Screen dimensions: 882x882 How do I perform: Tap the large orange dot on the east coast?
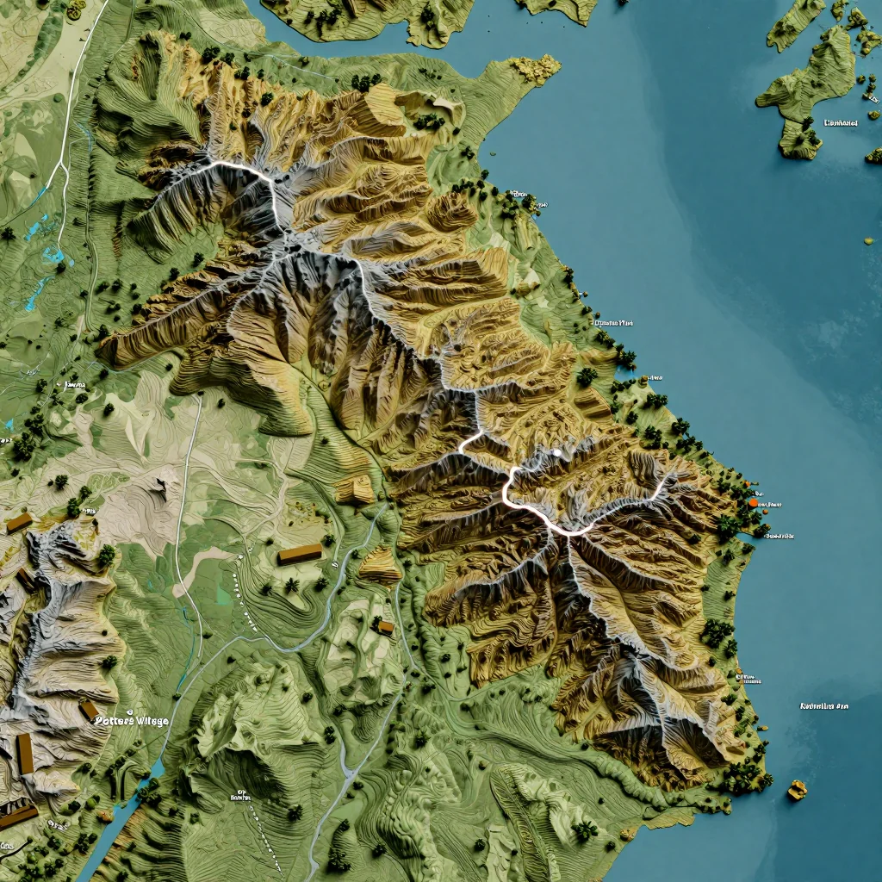pos(754,501)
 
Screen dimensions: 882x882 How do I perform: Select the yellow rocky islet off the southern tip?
pos(797,789)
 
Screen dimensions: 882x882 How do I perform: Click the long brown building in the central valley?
pos(300,554)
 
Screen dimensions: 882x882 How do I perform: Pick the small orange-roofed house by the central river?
pos(385,626)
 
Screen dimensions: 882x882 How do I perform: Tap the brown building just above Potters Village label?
pos(89,711)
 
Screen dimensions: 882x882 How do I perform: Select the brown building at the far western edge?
pos(18,522)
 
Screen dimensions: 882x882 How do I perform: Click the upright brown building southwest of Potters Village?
pos(24,753)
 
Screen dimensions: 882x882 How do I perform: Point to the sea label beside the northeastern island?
pos(841,123)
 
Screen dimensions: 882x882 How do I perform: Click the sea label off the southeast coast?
pos(824,706)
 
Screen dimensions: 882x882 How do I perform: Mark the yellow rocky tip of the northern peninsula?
pos(536,70)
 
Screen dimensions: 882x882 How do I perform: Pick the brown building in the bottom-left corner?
pos(17,814)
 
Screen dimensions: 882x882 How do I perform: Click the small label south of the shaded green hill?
pos(239,796)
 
